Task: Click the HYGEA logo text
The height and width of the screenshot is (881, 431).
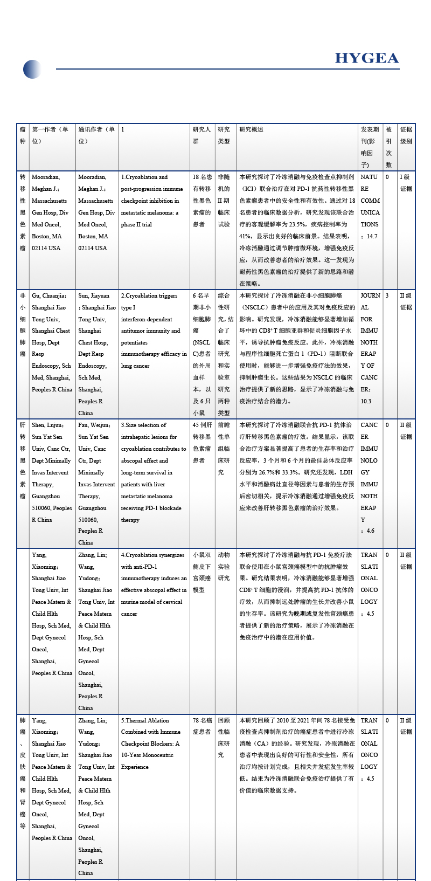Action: [366, 58]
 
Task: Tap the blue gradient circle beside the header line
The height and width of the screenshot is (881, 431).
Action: [32, 69]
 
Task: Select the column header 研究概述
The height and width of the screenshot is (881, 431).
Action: [252, 130]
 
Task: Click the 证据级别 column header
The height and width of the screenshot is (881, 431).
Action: [406, 135]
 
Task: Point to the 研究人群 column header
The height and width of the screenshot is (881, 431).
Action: [201, 135]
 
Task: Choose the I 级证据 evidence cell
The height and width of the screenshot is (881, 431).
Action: [406, 183]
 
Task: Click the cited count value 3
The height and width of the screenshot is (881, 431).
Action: [387, 296]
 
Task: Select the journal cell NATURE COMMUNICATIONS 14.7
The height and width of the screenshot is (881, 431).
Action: [370, 207]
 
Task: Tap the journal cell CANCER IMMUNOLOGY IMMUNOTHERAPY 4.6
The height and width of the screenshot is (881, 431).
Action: [369, 478]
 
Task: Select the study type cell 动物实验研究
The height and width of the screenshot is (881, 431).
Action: [224, 566]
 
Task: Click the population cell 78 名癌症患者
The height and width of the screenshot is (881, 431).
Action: [202, 726]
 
